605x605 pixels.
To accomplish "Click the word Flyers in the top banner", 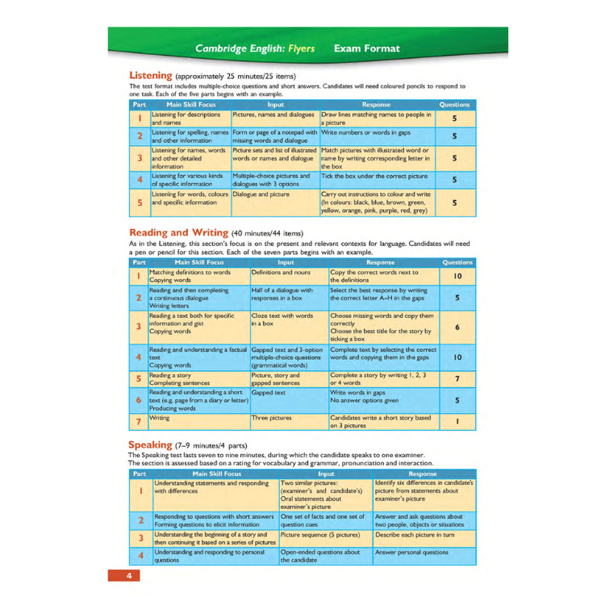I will [x=299, y=49].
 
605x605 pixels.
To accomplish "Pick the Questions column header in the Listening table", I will [x=459, y=105].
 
